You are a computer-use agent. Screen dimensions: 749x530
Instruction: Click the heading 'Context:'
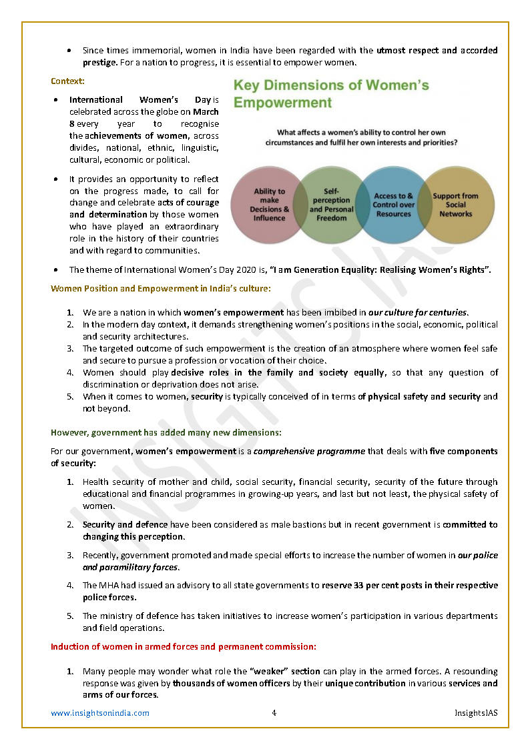[x=67, y=81]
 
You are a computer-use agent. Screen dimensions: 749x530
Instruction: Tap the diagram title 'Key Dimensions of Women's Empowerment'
[x=330, y=94]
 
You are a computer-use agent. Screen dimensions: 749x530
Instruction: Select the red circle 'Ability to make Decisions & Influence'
[x=269, y=204]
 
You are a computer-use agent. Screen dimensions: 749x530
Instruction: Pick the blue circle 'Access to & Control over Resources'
[x=393, y=205]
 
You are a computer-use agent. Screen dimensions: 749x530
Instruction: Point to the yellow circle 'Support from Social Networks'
[x=455, y=205]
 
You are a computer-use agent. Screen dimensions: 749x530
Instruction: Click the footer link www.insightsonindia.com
[x=100, y=713]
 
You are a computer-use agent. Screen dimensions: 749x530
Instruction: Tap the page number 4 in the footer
[x=274, y=713]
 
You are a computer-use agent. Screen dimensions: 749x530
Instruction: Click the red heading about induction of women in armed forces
[x=184, y=646]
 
